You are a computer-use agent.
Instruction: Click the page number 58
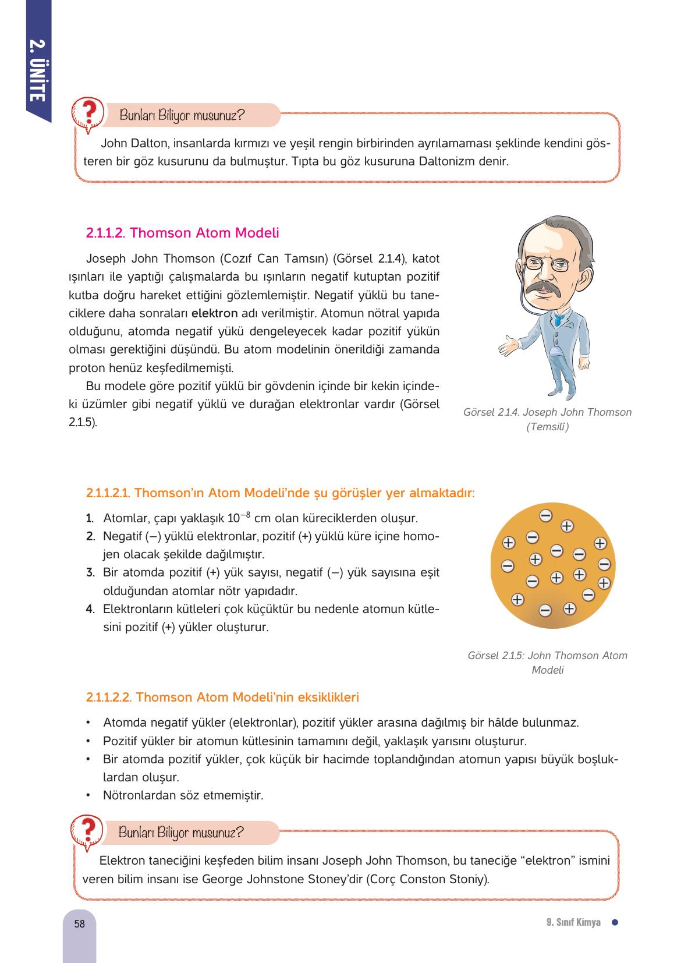coord(80,923)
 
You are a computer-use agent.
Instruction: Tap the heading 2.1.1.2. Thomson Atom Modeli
coord(182,233)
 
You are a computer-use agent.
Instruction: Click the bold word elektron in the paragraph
coord(215,313)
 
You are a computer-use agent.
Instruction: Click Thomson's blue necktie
coord(558,319)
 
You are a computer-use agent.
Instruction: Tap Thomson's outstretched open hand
coord(508,345)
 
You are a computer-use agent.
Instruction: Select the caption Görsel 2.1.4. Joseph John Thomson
coord(547,412)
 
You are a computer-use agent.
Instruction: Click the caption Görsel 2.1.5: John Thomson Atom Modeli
coord(547,656)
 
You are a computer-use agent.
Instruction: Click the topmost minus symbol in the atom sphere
coord(545,515)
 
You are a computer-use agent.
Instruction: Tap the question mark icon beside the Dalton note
coord(87,114)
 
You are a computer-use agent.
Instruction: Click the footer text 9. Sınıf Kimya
coord(573,923)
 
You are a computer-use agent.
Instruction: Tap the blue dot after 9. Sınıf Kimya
coord(614,922)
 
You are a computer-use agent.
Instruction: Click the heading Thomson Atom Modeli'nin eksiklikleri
coord(222,697)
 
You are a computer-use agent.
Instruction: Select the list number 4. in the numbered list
coord(90,610)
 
